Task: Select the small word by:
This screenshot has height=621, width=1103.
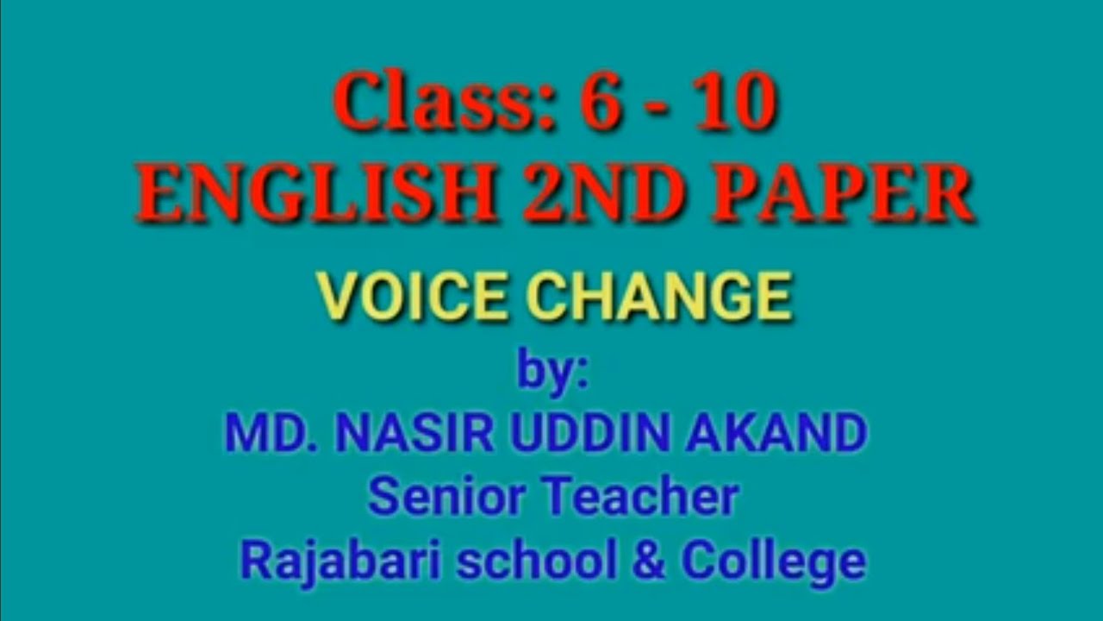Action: coord(552,373)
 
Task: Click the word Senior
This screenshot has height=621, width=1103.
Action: coord(445,499)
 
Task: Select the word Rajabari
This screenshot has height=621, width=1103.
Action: coord(341,561)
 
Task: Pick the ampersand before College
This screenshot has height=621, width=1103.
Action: coord(649,561)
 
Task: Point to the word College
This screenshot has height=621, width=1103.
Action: coord(773,563)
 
